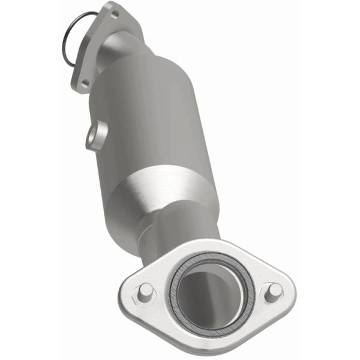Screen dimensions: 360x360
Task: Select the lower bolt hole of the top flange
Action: (85, 83)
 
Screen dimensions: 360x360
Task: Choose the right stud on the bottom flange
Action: (274, 290)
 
